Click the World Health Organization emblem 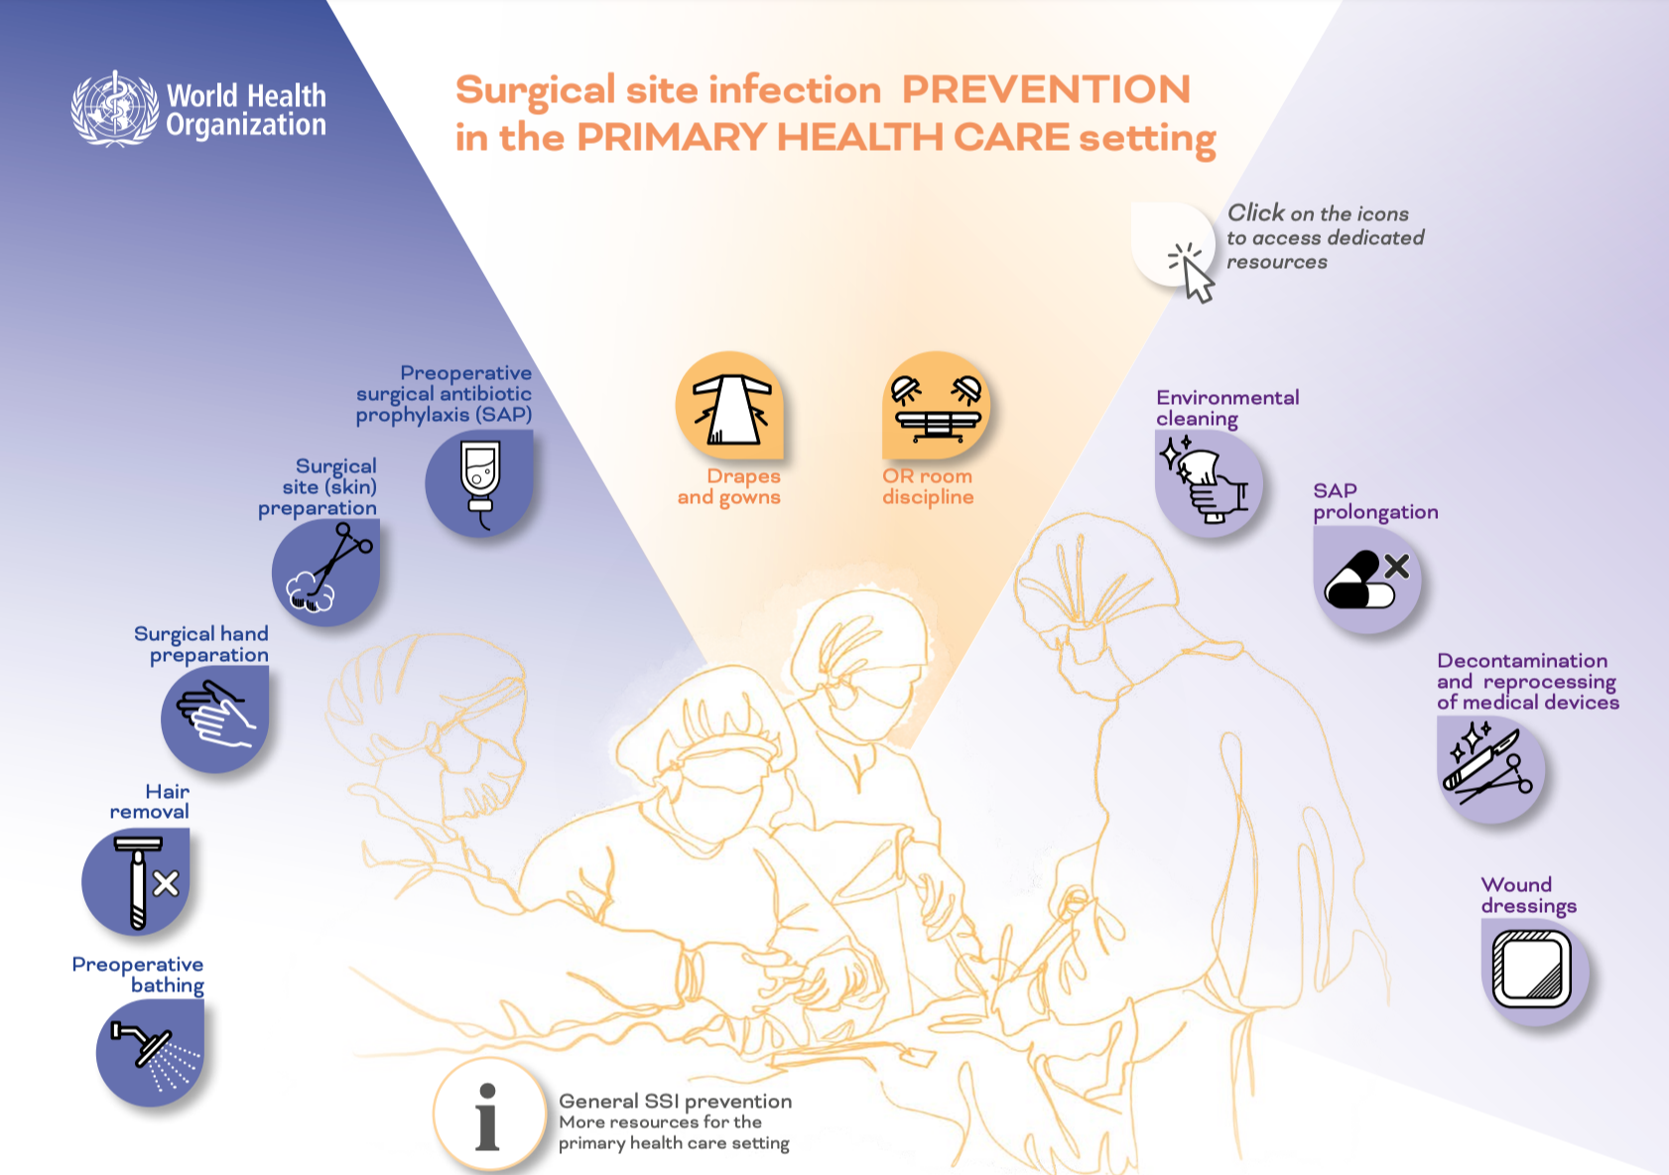pyautogui.click(x=115, y=109)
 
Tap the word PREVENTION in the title pyautogui.click(x=1046, y=89)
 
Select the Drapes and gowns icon pyautogui.click(x=729, y=405)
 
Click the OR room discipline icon pyautogui.click(x=937, y=405)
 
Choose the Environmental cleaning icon pyautogui.click(x=1209, y=483)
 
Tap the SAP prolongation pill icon pyautogui.click(x=1367, y=580)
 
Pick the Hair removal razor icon pyautogui.click(x=136, y=881)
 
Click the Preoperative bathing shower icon pyautogui.click(x=150, y=1053)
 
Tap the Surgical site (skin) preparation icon pyautogui.click(x=325, y=573)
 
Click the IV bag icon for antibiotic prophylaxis pyautogui.click(x=479, y=483)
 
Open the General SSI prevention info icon pyautogui.click(x=489, y=1114)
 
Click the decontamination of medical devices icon pyautogui.click(x=1491, y=770)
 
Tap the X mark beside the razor pyautogui.click(x=166, y=883)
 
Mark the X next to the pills pyautogui.click(x=1397, y=567)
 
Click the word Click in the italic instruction pyautogui.click(x=1255, y=213)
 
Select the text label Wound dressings pyautogui.click(x=1529, y=895)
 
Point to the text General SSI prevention pyautogui.click(x=675, y=1102)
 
